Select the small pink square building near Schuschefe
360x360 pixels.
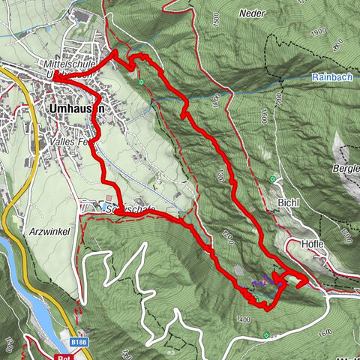[109, 199]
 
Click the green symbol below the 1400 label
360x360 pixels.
[266, 334]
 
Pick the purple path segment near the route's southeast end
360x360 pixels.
[262, 282]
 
